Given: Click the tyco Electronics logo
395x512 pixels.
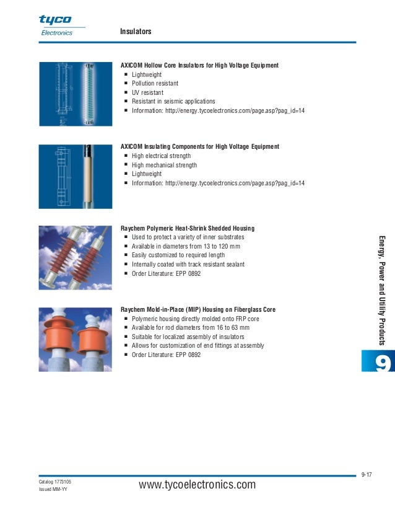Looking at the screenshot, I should pyautogui.click(x=56, y=25).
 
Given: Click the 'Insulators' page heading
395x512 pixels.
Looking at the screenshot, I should pyautogui.click(x=136, y=32).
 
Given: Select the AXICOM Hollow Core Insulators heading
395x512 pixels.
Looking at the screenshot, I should pyautogui.click(x=199, y=65).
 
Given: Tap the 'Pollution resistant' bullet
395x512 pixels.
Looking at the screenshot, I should pyautogui.click(x=155, y=83).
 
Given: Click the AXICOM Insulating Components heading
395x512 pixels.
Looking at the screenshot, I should pyautogui.click(x=199, y=147).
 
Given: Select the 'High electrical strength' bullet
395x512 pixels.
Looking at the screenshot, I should pyautogui.click(x=161, y=156).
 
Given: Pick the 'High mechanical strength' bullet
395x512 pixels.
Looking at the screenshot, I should pyautogui.click(x=164, y=166).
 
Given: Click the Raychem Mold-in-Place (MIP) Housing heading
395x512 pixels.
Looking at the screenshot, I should pyautogui.click(x=198, y=309).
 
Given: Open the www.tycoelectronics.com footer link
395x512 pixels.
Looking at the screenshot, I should pyautogui.click(x=197, y=485).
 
